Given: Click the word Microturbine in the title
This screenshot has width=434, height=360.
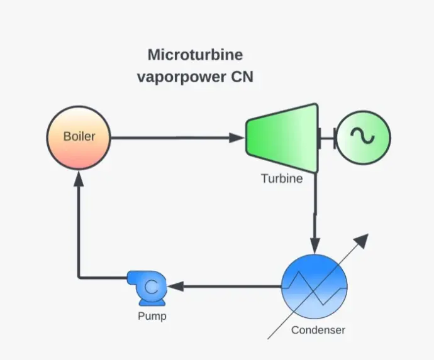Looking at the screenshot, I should coord(195,55).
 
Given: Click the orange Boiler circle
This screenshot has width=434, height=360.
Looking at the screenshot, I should coord(79,136).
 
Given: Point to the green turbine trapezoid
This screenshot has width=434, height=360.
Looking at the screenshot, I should coord(281,138).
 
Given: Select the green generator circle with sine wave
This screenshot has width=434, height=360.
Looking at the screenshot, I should coord(363,137).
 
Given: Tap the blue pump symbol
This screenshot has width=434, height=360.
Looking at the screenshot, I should coord(147,287).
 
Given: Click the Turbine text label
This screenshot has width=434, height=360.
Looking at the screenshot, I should coord(282,179).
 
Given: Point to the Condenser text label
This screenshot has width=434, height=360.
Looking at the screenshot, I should coord(318,330).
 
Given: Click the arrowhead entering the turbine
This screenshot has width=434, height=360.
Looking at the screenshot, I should coord(239,137).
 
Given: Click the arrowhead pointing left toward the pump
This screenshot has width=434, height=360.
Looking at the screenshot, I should coord(175,286).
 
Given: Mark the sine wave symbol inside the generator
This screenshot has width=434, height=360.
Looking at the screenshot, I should coord(363,137).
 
